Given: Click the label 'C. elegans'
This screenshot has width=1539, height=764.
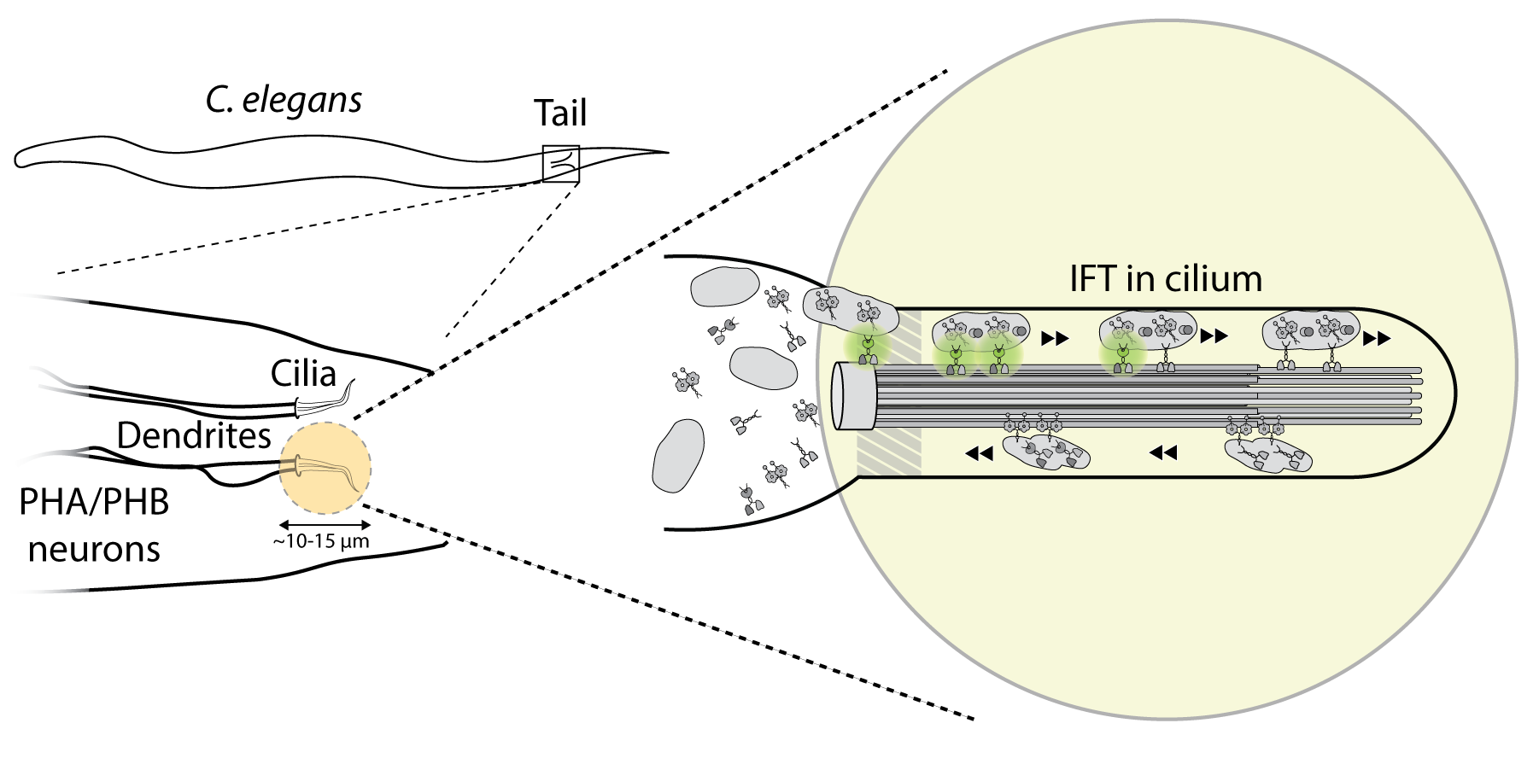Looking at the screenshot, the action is tap(284, 101).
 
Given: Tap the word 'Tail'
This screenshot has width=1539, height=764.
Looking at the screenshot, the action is tap(560, 113).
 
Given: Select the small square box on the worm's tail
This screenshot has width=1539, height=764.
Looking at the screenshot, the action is tap(561, 164).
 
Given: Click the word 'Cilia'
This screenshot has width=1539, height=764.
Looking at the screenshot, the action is tap(303, 373).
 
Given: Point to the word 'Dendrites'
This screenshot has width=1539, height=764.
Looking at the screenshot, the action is tap(194, 435).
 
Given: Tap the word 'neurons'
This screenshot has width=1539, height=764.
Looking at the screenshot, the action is tap(94, 549).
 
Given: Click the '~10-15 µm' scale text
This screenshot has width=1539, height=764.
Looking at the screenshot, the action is tap(322, 541).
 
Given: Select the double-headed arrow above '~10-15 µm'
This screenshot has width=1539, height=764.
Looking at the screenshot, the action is tap(325, 524).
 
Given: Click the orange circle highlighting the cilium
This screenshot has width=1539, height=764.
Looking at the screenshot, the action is tap(325, 469).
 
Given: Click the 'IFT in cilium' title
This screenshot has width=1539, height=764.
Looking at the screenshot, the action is tap(1166, 279).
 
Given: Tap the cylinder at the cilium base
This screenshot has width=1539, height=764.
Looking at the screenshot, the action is tap(854, 395).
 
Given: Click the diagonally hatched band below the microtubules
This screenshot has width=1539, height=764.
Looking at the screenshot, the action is tap(889, 451).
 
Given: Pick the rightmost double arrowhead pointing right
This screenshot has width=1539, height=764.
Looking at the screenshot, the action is tap(1377, 339).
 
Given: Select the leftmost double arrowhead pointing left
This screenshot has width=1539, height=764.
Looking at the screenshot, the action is tap(979, 454).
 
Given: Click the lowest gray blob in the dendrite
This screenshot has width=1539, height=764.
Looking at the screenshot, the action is tap(678, 455).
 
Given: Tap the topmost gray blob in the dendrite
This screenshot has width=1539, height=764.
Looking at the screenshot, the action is tap(724, 288).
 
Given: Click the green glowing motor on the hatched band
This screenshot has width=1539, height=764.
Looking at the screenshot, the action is tap(868, 347).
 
